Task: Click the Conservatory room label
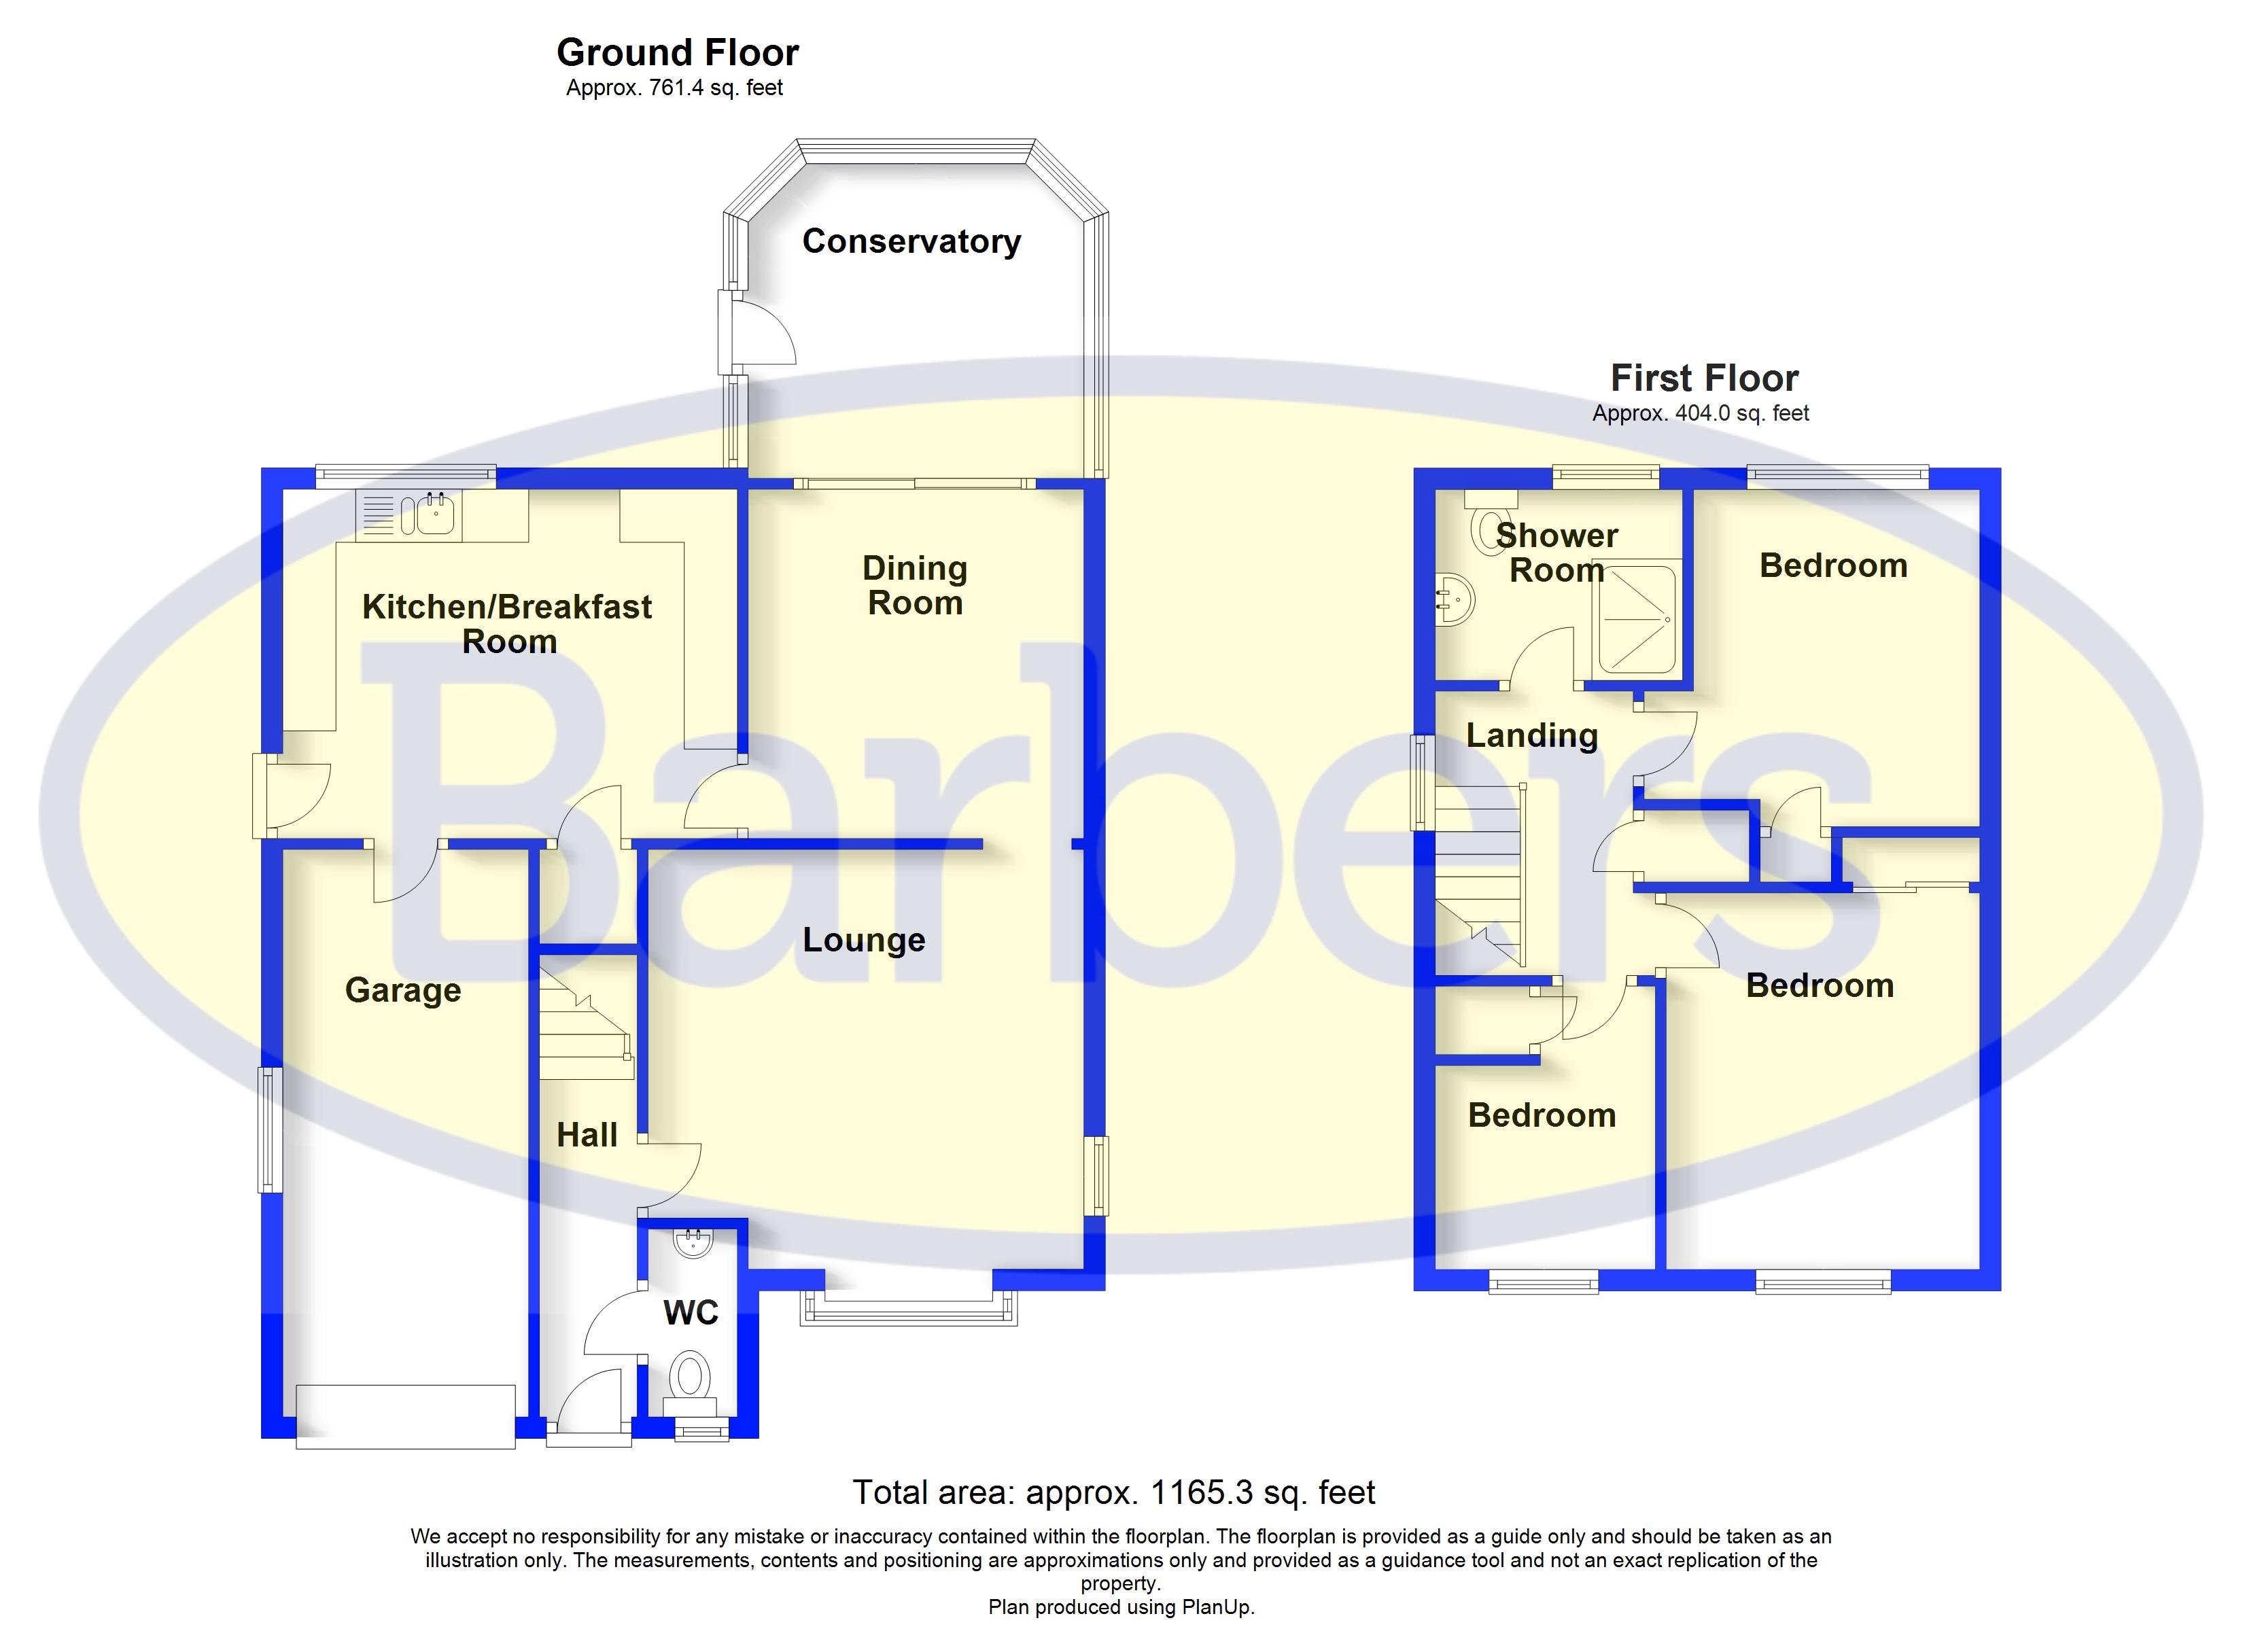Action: point(911,241)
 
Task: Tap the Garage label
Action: point(402,990)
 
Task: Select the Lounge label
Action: point(863,940)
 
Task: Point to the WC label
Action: point(691,1312)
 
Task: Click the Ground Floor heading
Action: point(678,52)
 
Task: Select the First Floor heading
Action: point(1704,378)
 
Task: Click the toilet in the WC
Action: point(691,1377)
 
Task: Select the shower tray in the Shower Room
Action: point(1636,617)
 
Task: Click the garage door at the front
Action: point(406,1416)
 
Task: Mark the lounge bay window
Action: point(909,1310)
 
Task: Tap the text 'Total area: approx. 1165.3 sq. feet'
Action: point(1113,1492)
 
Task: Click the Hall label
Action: point(587,1134)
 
